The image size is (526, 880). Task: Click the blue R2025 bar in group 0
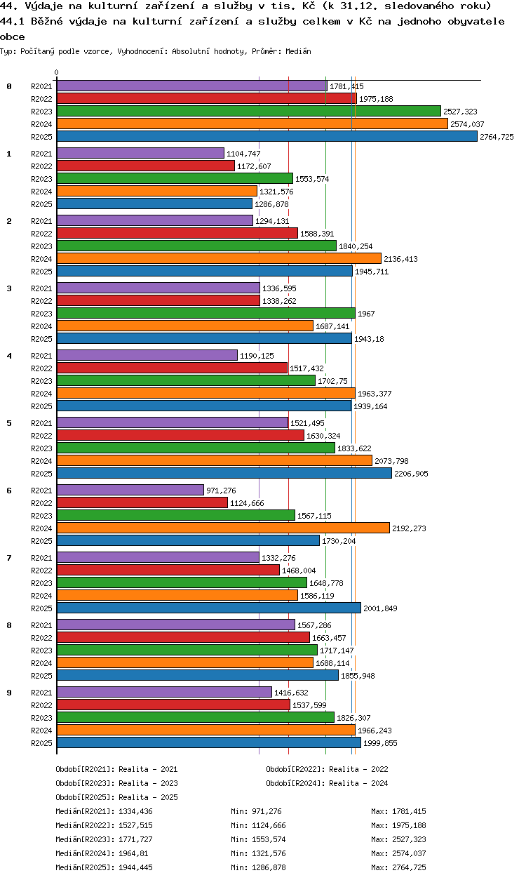tap(267, 136)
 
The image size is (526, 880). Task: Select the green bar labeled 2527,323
tap(249, 111)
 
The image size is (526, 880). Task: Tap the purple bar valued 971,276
tap(130, 490)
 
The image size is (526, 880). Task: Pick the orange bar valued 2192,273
tap(223, 528)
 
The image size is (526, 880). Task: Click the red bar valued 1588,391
tap(177, 234)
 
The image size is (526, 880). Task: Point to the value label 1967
tap(366, 314)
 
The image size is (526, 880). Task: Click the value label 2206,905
tap(411, 474)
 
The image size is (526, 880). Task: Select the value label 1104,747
tap(243, 154)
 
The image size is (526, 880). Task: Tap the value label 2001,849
tap(380, 608)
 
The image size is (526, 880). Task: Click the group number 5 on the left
tap(9, 423)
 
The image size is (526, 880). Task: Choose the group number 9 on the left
tap(9, 693)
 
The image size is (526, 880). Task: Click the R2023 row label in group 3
tap(41, 314)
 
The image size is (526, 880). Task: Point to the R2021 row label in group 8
tap(41, 625)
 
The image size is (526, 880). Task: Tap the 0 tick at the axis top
tap(57, 72)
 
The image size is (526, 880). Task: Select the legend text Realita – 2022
tap(358, 769)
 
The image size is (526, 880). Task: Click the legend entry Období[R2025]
tap(83, 797)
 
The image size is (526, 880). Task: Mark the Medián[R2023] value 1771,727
tap(135, 839)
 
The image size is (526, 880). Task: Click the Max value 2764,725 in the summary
tap(409, 867)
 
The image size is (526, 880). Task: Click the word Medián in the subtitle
tap(298, 51)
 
